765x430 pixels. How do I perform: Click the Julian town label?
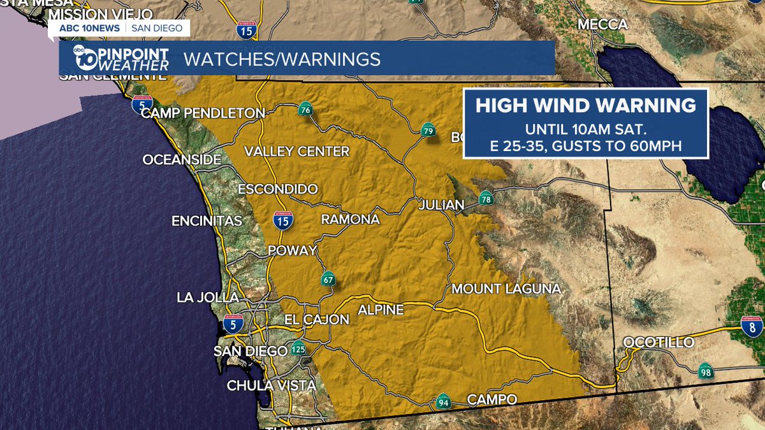[x=441, y=205]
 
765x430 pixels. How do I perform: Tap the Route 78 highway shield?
[x=486, y=198]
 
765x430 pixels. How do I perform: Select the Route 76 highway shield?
[x=305, y=110]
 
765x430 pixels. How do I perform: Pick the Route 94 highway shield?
[x=444, y=401]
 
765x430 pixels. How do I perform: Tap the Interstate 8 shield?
[x=752, y=327]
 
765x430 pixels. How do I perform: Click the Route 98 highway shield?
[x=705, y=372]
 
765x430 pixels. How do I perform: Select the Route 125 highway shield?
[x=298, y=350]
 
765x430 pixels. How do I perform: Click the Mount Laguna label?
[x=506, y=289]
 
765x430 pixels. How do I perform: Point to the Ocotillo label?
[x=659, y=343]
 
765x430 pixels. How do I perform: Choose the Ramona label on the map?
[x=350, y=220]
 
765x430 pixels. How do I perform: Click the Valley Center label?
[x=297, y=152]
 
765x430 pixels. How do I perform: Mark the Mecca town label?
[x=602, y=24]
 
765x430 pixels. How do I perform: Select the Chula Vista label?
[x=272, y=385]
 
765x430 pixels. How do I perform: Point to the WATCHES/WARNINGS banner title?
[x=282, y=59]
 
